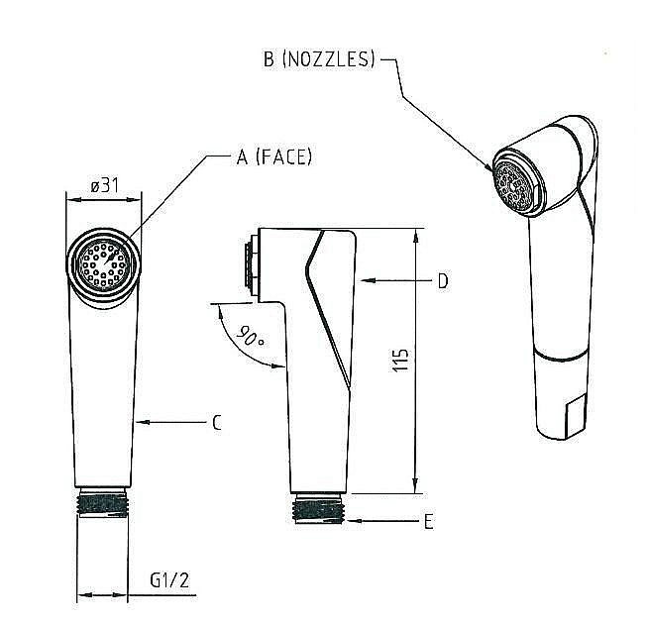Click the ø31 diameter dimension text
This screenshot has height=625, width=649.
[x=105, y=186]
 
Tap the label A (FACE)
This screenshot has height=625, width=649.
[x=274, y=156]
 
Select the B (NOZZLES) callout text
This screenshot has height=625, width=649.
[x=319, y=58]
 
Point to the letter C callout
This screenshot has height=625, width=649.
[x=216, y=423]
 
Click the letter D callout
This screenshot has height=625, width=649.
[x=443, y=281]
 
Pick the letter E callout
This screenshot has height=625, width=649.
[x=429, y=521]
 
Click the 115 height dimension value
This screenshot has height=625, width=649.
[x=400, y=361]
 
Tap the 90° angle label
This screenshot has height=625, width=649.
[x=251, y=336]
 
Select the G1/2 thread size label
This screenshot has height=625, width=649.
[x=169, y=579]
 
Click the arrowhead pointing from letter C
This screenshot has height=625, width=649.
[x=142, y=422]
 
